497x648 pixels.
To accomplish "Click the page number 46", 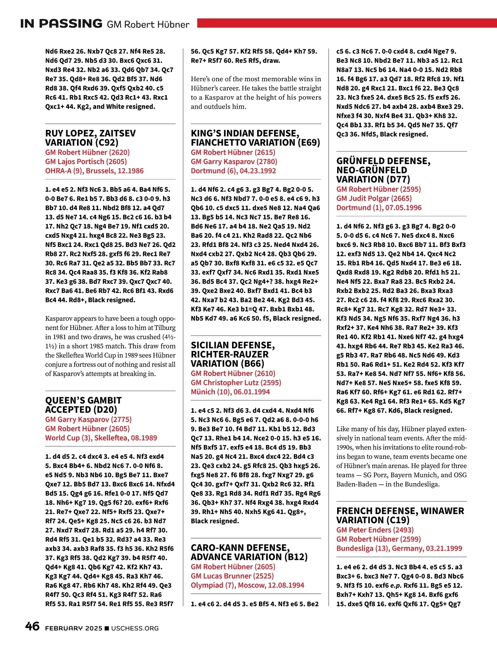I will (32, 626).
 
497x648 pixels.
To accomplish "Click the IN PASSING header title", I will (61, 24).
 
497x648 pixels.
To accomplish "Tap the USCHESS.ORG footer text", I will (135, 628).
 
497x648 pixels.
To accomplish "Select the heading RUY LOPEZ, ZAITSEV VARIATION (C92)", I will (90, 138).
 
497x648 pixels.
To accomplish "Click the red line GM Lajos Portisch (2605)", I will (86, 162).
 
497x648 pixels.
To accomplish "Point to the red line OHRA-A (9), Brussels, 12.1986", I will (94, 171).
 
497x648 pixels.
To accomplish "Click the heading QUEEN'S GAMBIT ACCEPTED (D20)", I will (83, 405).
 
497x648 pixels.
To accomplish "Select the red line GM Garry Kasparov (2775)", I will (88, 419).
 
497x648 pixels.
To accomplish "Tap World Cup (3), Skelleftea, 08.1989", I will (101, 438).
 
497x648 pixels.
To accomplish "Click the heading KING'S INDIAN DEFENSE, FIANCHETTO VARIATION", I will (255, 138).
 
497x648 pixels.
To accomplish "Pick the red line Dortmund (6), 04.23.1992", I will (233, 171).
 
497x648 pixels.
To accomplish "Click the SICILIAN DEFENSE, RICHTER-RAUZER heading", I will (232, 354).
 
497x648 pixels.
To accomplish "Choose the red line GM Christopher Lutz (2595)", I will (236, 382).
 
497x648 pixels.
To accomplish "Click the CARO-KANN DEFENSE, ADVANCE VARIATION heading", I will (249, 552).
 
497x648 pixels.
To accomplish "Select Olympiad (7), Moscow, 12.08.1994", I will (247, 585).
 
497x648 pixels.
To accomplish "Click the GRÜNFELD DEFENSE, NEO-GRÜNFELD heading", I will (383, 170).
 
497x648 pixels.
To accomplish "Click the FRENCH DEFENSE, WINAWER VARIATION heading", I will (400, 515).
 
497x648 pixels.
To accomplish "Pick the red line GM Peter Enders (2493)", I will (375, 530).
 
